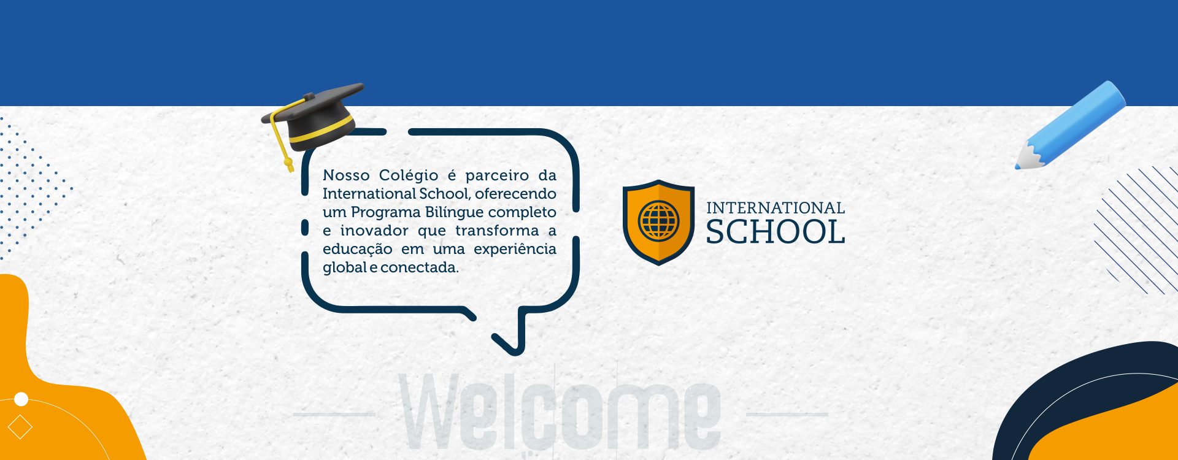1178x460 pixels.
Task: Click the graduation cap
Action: coord(313,120)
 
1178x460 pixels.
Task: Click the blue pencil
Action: coord(1070,125)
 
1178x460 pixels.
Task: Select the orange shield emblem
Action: coord(658,222)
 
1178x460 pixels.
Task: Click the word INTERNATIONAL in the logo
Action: coord(776,208)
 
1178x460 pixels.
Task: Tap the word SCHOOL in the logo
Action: coord(776,232)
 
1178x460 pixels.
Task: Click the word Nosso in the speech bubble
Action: coord(347,175)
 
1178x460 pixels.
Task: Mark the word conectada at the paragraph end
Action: coord(420,267)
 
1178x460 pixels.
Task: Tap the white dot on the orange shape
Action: coord(21,399)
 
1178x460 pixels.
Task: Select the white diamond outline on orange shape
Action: coord(20,427)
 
